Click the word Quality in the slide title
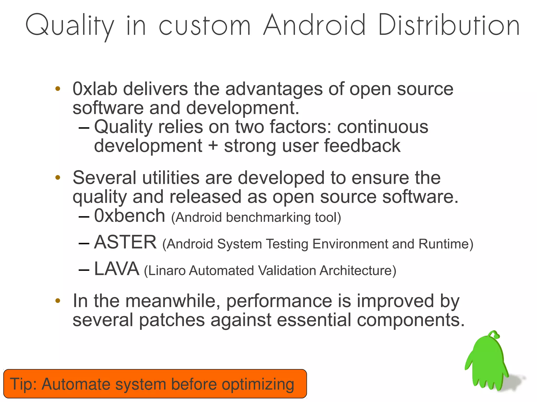pos(70,26)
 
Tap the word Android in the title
pos(314,25)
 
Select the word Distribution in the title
pos(449,25)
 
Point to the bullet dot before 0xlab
pos(58,89)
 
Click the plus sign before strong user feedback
pos(213,146)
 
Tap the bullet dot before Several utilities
pos(58,178)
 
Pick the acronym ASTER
pos(125,242)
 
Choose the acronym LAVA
pos(116,269)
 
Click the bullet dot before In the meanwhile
pos(58,301)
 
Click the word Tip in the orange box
pos(22,384)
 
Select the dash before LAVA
pos(84,269)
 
